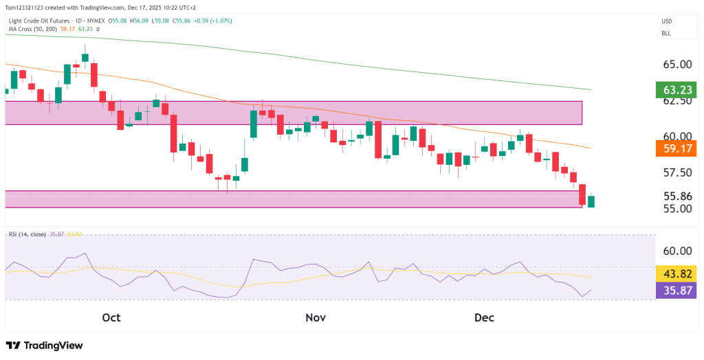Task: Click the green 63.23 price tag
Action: [676, 90]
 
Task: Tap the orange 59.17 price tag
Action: [676, 148]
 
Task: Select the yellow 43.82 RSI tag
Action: [676, 273]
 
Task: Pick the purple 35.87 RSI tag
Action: [676, 290]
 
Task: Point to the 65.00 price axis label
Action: [677, 65]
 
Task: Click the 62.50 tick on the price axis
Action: [677, 100]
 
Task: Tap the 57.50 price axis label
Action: [677, 172]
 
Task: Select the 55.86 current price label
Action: [677, 195]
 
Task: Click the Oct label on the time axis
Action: [111, 318]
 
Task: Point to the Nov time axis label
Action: [315, 318]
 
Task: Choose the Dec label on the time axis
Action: [485, 318]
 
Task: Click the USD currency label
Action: [666, 21]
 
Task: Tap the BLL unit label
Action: [665, 33]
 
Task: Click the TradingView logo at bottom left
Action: [44, 346]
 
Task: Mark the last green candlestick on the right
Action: [591, 201]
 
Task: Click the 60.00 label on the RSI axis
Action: [677, 251]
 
